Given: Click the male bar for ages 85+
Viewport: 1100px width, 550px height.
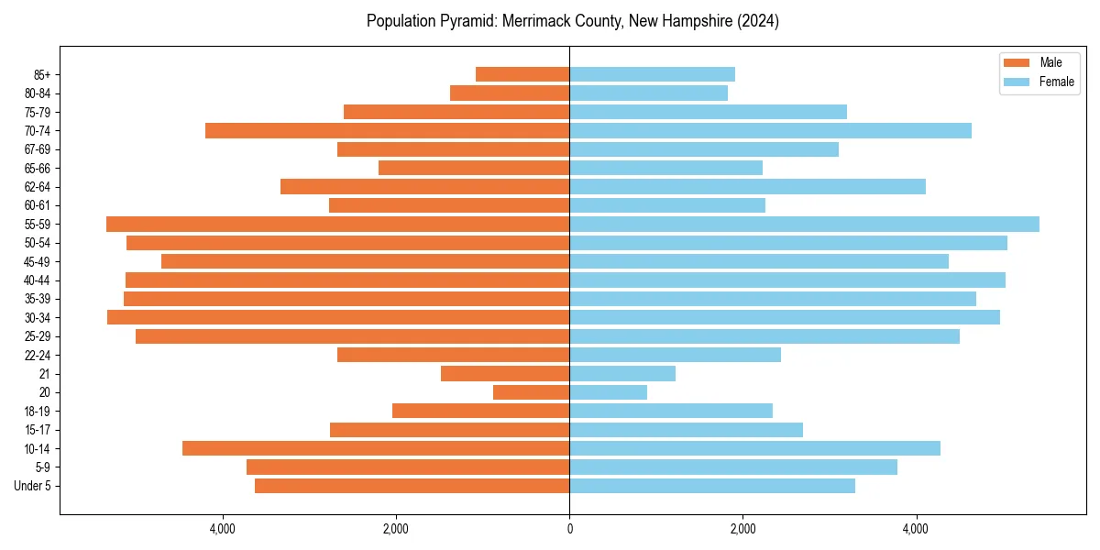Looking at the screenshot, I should click(x=522, y=74).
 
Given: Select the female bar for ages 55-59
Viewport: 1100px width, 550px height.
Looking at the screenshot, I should click(x=804, y=224).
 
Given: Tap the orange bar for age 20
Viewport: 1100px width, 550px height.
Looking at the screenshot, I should click(x=531, y=392).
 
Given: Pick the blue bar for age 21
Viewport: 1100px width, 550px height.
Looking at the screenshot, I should click(x=622, y=373).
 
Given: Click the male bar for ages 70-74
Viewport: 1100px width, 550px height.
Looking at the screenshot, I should click(x=387, y=130).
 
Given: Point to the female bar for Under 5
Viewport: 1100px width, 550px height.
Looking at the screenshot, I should click(x=712, y=486).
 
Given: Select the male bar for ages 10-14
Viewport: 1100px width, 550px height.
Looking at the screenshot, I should click(x=376, y=448).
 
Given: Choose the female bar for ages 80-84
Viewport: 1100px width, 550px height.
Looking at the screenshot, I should click(x=648, y=93).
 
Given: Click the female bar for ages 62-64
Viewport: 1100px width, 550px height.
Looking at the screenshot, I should click(x=747, y=186).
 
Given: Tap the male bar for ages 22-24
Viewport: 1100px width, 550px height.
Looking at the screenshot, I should click(x=453, y=355).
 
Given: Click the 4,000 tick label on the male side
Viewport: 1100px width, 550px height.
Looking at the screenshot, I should click(x=223, y=529).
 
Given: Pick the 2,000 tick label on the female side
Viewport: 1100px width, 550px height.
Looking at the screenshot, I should click(x=742, y=529).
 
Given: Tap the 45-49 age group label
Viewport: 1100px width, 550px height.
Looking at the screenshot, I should click(x=38, y=261).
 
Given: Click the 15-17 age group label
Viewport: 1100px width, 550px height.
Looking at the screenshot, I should click(x=38, y=430).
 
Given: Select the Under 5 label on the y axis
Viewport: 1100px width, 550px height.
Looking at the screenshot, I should click(x=33, y=486).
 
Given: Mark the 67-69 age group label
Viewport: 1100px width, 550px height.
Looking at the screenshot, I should click(x=38, y=149).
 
